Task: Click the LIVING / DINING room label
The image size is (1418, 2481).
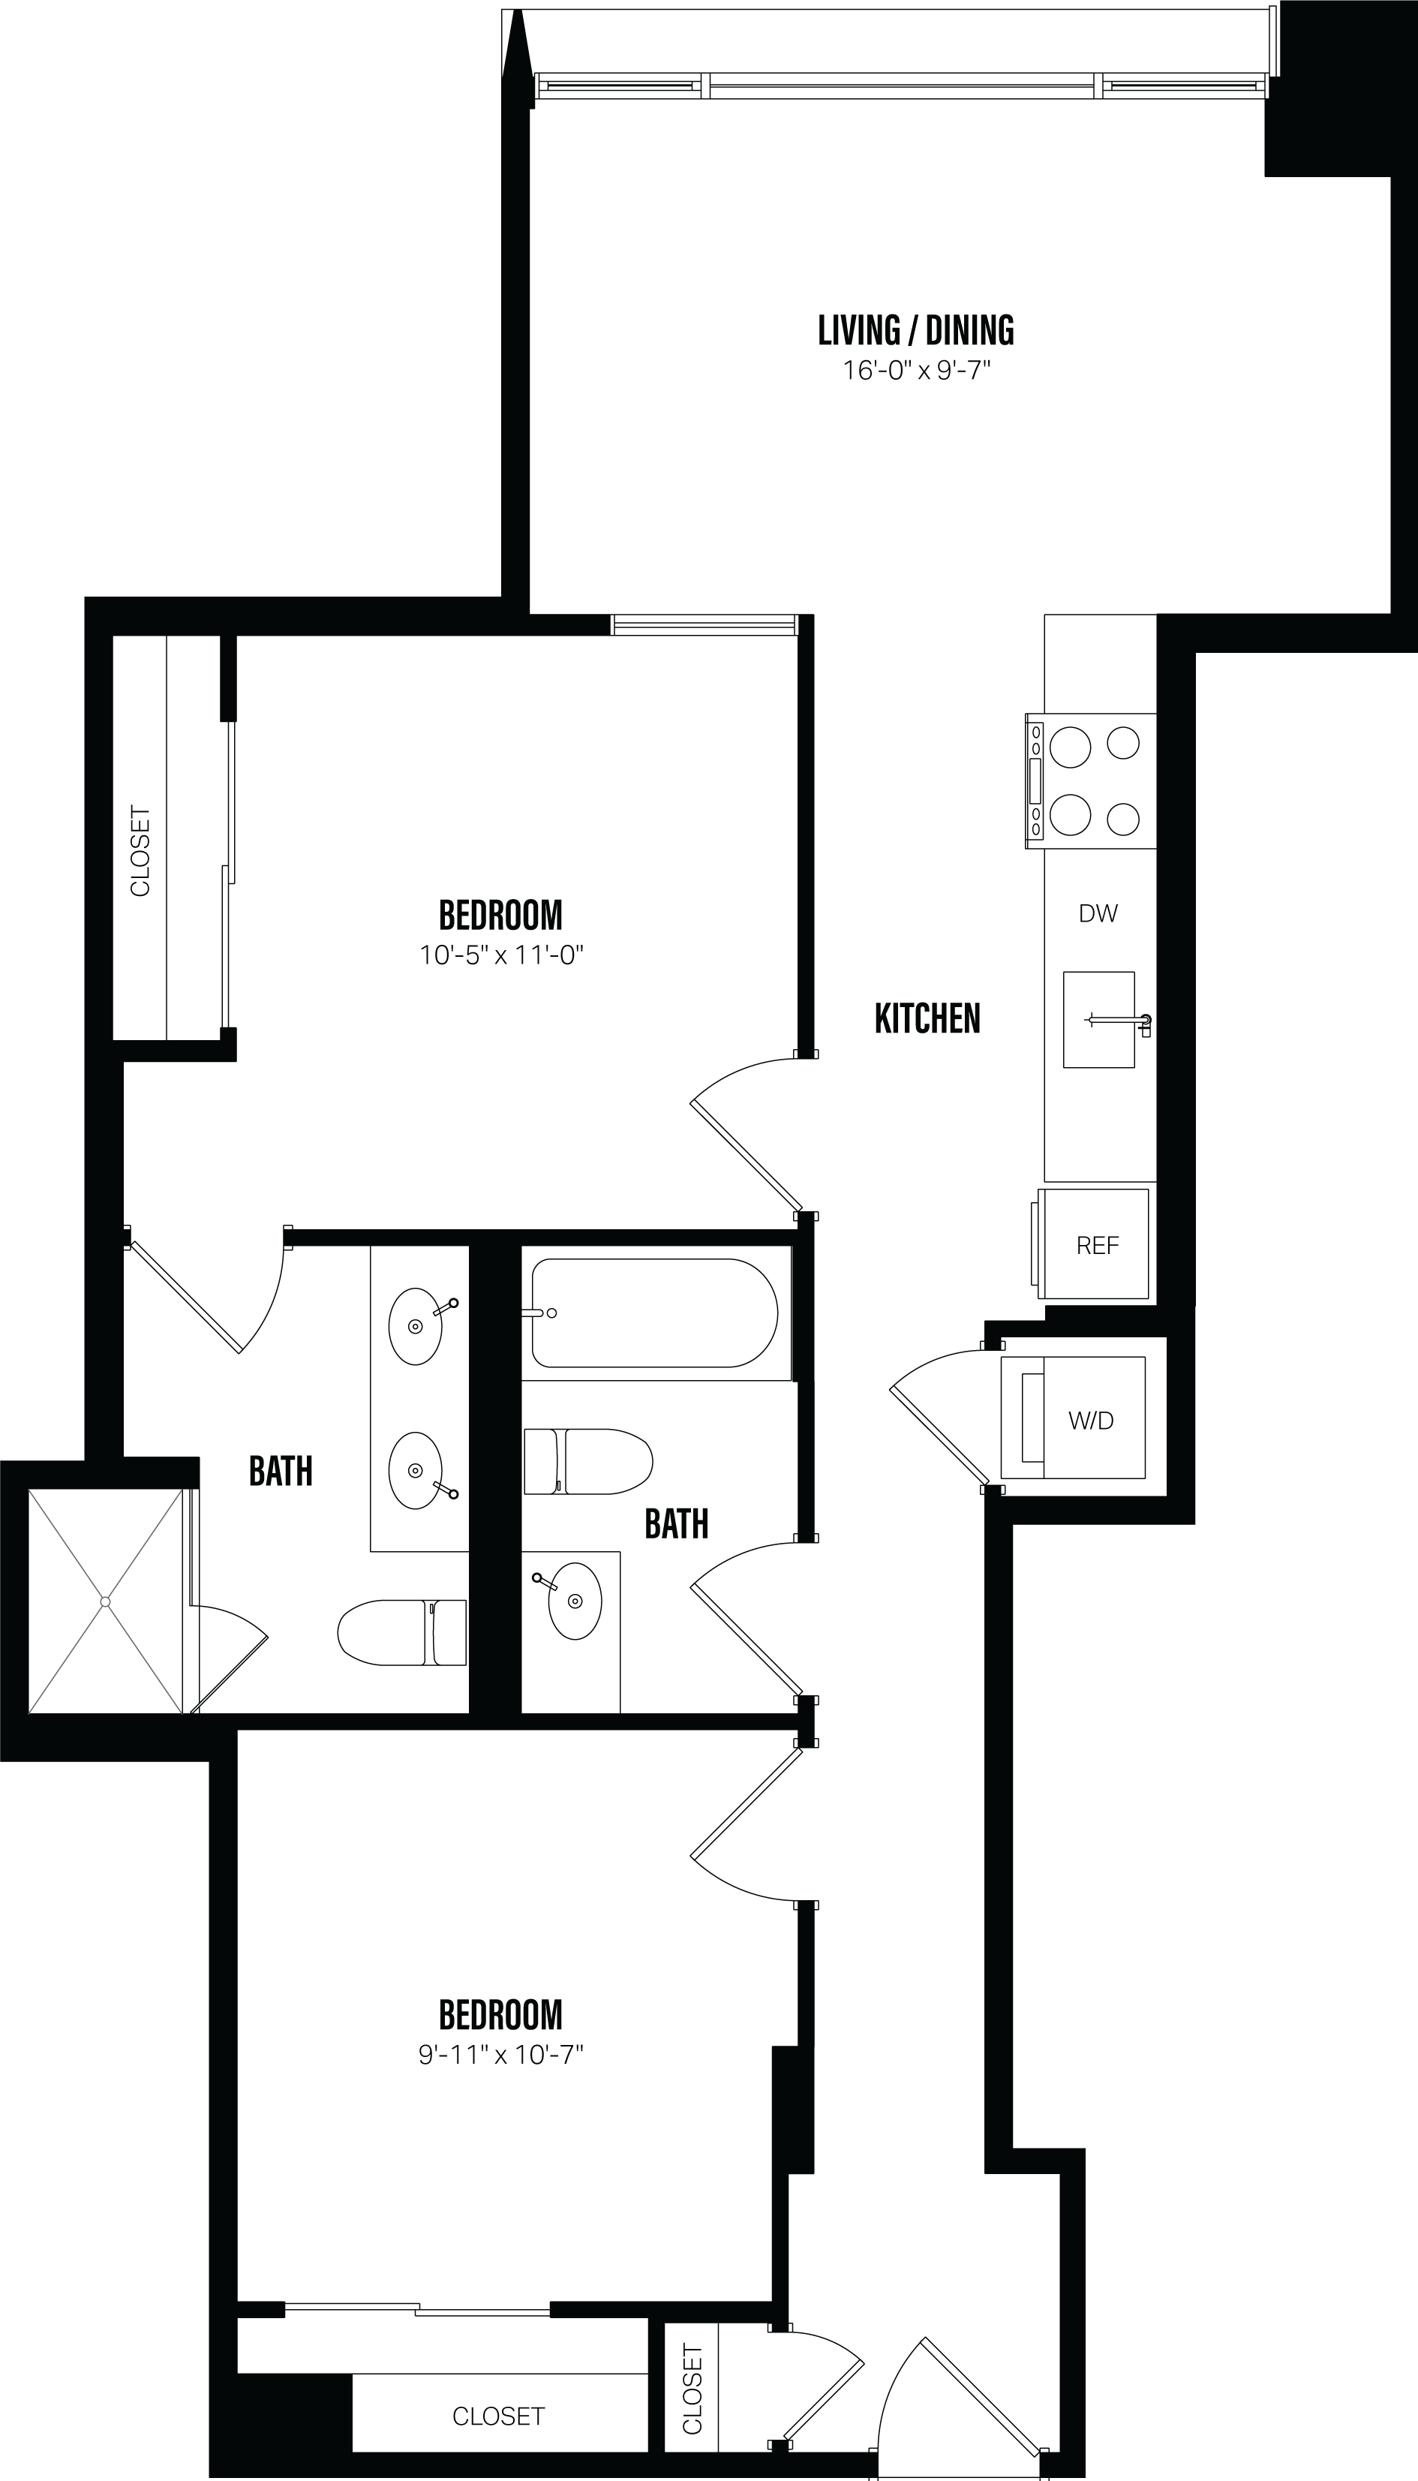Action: click(x=915, y=331)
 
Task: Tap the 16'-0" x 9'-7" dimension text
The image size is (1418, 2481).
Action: click(x=915, y=371)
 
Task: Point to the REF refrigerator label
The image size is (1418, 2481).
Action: click(x=1098, y=1246)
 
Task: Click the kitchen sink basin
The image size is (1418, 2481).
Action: click(x=1098, y=1020)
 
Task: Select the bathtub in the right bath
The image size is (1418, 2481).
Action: click(x=653, y=1313)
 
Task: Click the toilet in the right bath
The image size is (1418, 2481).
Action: click(x=587, y=1461)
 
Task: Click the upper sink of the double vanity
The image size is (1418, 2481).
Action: click(x=416, y=1327)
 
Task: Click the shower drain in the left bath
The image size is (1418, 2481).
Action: click(x=105, y=1601)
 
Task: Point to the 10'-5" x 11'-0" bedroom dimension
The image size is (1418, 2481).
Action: click(x=500, y=955)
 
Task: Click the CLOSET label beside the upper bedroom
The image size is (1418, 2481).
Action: click(x=140, y=850)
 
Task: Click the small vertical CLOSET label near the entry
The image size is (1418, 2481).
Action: click(x=692, y=2389)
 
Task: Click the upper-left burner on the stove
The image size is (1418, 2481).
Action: click(x=1071, y=748)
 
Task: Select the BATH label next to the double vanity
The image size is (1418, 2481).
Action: click(x=281, y=1471)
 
